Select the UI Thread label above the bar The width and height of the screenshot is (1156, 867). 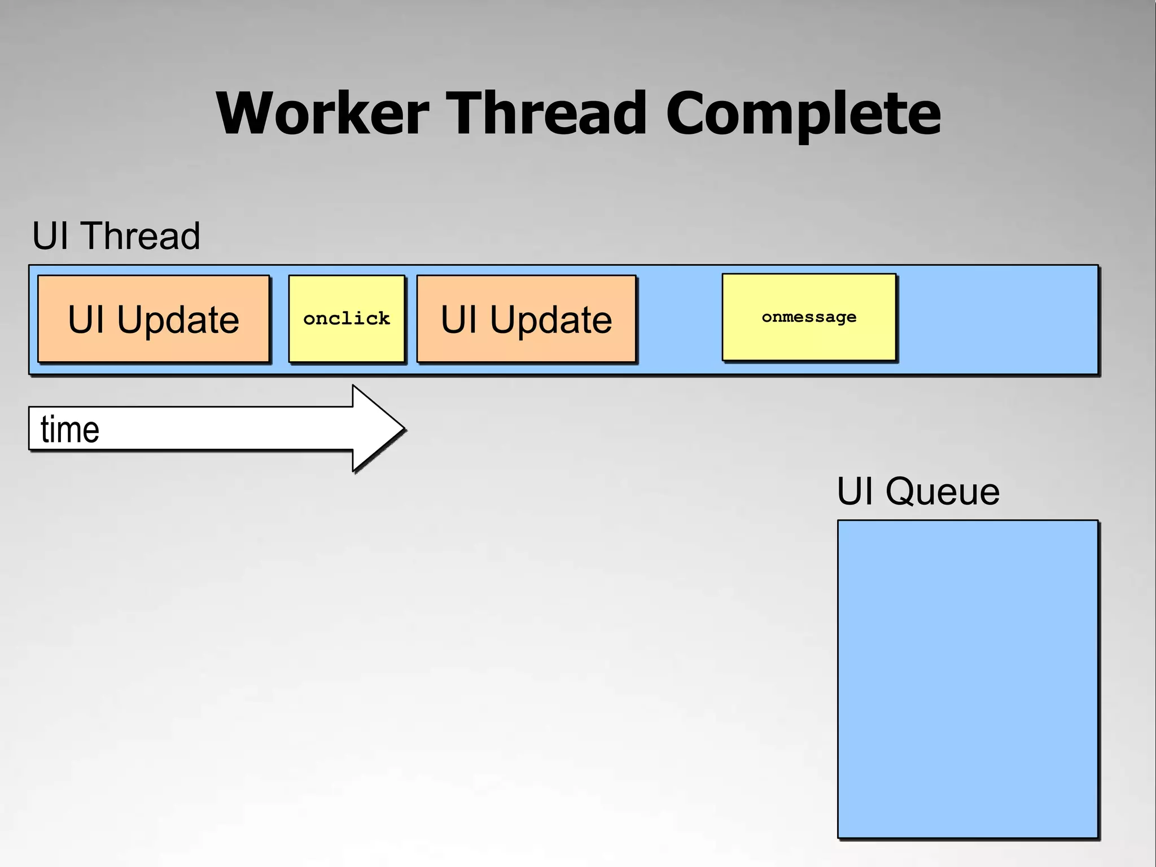click(x=116, y=236)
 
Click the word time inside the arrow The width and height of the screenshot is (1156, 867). click(x=70, y=430)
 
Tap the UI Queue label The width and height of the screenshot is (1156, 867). click(x=918, y=491)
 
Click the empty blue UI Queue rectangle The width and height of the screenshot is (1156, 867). click(x=967, y=679)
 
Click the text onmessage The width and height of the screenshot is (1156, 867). click(x=809, y=317)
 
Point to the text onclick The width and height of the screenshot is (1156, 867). click(x=347, y=319)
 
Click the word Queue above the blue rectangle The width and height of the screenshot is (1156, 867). click(x=942, y=491)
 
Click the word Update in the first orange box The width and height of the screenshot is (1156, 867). click(x=178, y=321)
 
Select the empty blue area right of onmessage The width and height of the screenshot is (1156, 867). click(x=997, y=319)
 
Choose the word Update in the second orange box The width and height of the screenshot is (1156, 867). click(x=550, y=321)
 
